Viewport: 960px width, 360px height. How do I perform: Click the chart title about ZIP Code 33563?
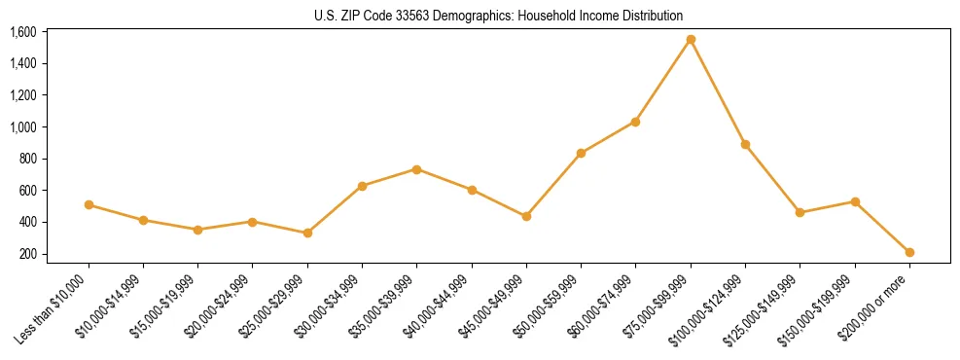tap(499, 16)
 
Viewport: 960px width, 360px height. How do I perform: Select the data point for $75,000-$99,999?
tap(691, 39)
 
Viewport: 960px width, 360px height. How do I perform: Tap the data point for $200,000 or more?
tap(909, 252)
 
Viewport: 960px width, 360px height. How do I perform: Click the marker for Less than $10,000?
tap(89, 204)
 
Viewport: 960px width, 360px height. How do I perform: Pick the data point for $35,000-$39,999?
tap(416, 169)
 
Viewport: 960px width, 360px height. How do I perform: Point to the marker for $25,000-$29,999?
tap(307, 233)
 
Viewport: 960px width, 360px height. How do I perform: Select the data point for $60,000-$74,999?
tap(635, 122)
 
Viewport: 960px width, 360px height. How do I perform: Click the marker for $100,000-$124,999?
tap(745, 144)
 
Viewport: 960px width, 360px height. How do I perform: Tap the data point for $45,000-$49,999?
tap(526, 216)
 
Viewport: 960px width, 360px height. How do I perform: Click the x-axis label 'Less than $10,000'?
tap(54, 306)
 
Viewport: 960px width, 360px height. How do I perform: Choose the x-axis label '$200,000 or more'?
tap(876, 305)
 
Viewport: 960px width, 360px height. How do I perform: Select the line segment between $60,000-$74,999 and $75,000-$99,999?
tap(663, 80)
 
